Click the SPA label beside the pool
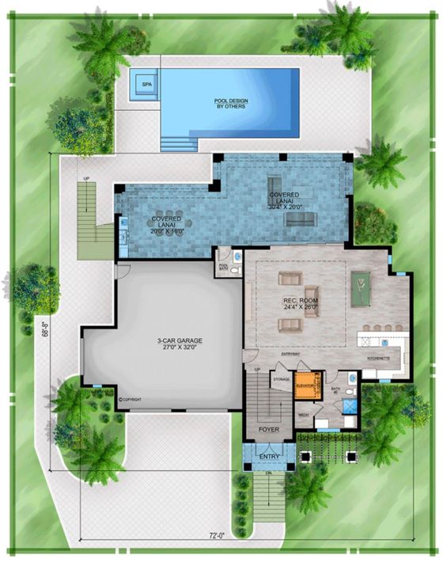pos(146,83)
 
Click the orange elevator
pos(306,386)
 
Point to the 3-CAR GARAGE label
pos(180,343)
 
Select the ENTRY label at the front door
pos(269,457)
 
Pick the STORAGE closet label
pos(282,380)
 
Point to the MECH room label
pos(303,413)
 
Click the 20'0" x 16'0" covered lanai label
pos(167,225)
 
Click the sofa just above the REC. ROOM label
pos(290,279)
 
